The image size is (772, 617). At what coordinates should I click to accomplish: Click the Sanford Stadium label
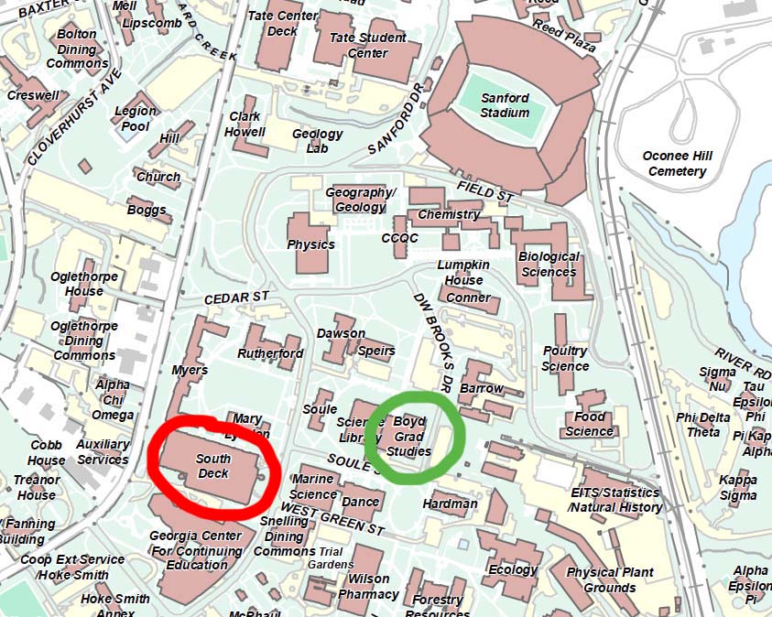pos(505,105)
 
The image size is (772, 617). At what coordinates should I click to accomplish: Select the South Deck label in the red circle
pos(213,465)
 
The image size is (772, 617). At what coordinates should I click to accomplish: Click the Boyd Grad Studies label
pos(408,437)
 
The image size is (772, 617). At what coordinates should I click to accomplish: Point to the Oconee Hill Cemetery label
pos(677,164)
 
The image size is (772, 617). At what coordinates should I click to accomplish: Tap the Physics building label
pos(310,244)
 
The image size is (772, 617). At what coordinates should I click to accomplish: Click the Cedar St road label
pos(237,298)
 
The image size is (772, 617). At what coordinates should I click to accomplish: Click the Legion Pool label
pos(136,118)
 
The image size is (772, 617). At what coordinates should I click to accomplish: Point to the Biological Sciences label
pos(549,264)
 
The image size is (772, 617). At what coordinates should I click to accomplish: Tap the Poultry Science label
pos(565,358)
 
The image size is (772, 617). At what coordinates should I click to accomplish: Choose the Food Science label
pos(589,424)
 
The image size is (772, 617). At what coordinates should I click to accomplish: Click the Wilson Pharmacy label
pos(369,586)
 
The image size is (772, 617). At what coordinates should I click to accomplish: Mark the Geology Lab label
pos(317,140)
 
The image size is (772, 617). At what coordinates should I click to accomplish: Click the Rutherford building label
pos(270,353)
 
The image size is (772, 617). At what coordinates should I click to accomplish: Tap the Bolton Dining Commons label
pos(77,49)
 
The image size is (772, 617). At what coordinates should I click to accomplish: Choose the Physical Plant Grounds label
pos(610,580)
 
